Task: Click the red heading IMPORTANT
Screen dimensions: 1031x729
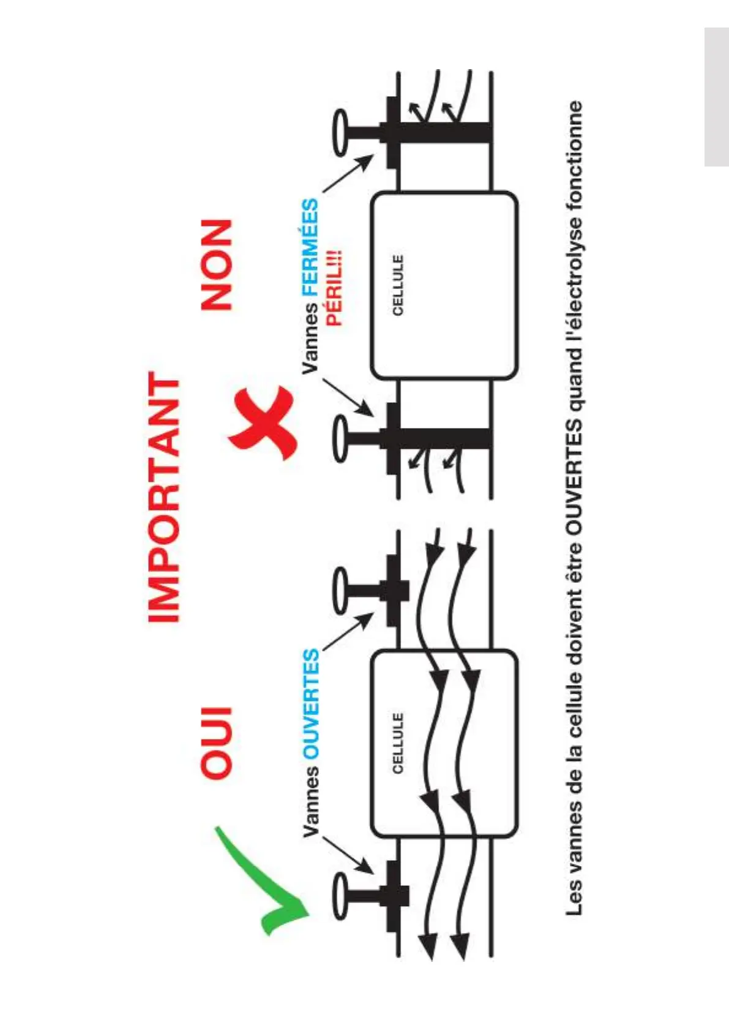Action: click(x=164, y=497)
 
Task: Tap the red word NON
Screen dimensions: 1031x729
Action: click(x=217, y=264)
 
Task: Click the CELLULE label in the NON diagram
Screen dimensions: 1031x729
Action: click(x=398, y=285)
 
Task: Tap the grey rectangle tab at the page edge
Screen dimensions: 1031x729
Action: click(x=716, y=97)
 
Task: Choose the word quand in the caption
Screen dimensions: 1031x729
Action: click(x=574, y=380)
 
